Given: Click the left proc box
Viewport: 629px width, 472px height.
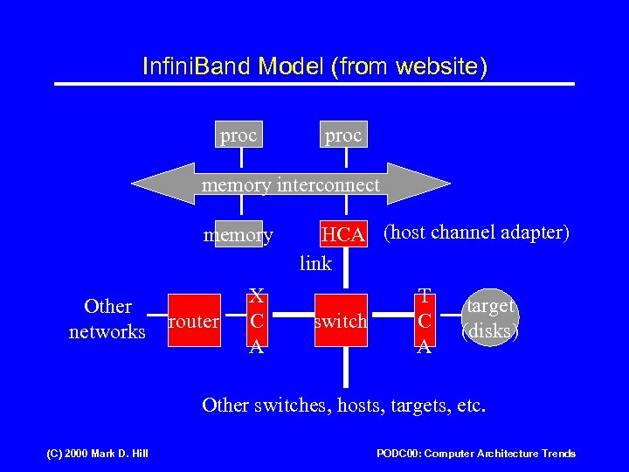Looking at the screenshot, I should coord(238,135).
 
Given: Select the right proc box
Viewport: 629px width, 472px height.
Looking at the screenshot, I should coord(343,135).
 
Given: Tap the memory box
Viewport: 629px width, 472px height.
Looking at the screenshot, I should coord(238,234).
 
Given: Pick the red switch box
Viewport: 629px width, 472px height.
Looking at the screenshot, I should coord(341,321).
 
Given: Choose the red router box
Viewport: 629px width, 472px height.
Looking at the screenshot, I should coord(193,321).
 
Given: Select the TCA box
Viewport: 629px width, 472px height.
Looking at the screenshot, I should coord(424,321).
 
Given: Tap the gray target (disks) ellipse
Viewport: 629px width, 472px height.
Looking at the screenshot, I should coord(491,319).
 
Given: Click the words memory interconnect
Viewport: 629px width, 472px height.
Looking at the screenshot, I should coord(290,184).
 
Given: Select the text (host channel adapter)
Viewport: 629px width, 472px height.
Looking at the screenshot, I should coord(476,233).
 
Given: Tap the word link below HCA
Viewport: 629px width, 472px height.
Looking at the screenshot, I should coord(315,263).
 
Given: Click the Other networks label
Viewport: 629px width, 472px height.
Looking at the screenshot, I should coord(107,319).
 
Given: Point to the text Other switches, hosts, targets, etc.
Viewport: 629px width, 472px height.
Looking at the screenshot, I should coord(344,405).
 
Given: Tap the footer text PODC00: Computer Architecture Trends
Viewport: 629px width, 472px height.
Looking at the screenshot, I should coord(475,453).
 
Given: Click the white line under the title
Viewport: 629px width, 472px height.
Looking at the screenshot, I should coord(314,84).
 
